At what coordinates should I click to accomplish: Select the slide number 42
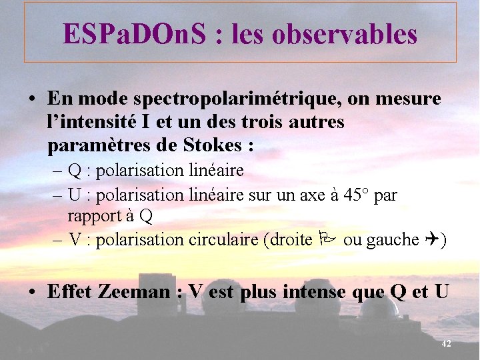point(447,343)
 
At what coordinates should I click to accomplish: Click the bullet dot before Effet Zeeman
point(33,292)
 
